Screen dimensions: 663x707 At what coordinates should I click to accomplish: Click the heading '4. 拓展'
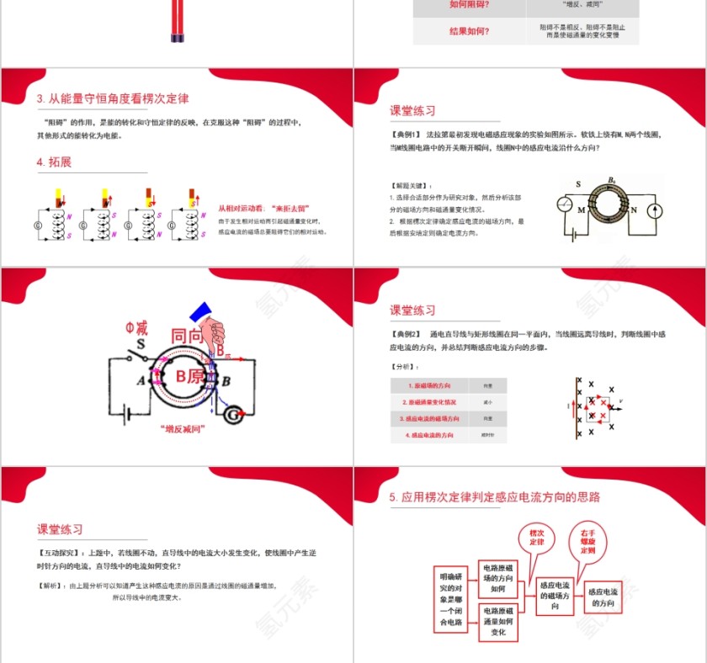[54, 162]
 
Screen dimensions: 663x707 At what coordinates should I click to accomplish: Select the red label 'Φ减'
[137, 326]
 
